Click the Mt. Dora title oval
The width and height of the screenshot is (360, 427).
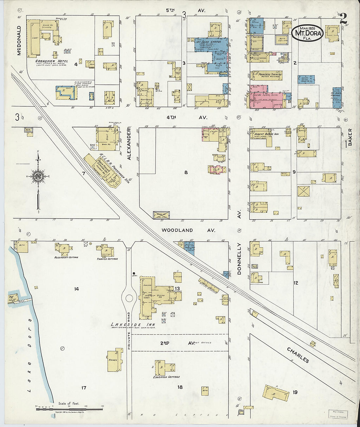tap(307, 33)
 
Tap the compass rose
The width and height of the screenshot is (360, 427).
tap(39, 176)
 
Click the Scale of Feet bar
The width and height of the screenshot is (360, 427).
tap(69, 409)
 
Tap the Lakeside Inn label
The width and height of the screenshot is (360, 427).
tap(133, 325)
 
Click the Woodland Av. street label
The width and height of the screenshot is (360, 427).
tap(188, 230)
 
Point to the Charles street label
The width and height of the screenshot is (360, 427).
tap(298, 355)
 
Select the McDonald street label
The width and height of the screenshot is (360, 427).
tap(19, 41)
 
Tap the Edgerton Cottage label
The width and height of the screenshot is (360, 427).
tap(167, 377)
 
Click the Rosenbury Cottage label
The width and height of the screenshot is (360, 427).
tap(66, 258)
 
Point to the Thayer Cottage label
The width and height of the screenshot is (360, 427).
tap(107, 259)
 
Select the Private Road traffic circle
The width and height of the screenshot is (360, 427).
tap(129, 298)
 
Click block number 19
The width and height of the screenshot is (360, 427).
tap(295, 392)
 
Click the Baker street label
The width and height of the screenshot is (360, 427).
tap(350, 137)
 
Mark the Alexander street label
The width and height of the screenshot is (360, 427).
tap(129, 148)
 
